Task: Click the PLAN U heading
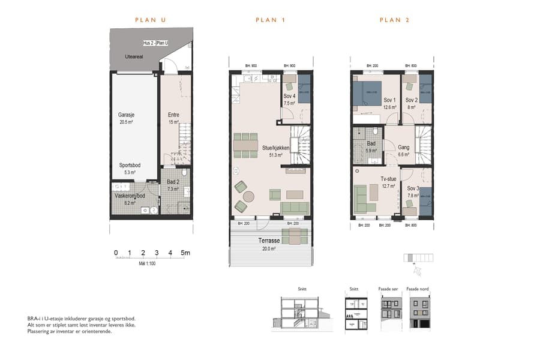coord(150,20)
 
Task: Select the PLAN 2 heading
coord(394,20)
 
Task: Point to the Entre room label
coord(173,115)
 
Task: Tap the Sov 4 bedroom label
coord(289,96)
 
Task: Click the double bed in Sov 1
coord(367,93)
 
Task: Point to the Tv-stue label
coord(388,179)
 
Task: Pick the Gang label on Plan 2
coord(404,148)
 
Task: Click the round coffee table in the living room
coord(248,196)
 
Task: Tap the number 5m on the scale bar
coord(185,253)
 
